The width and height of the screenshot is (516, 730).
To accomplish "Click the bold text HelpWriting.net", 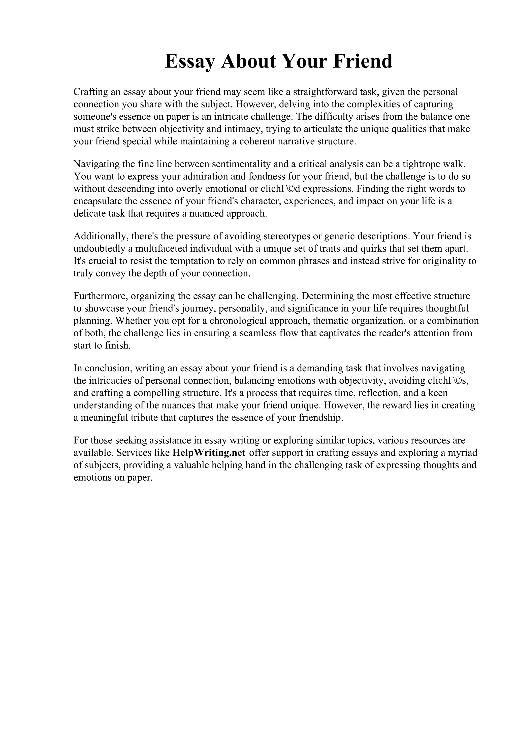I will click(x=209, y=453).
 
